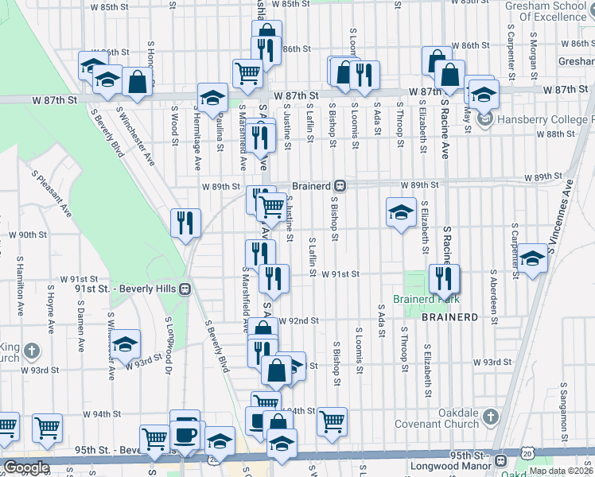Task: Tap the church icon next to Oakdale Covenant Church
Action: click(x=492, y=416)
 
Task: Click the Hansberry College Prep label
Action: click(x=546, y=120)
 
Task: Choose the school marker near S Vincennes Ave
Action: click(x=532, y=258)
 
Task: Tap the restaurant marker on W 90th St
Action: click(x=185, y=222)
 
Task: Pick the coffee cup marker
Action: click(x=186, y=434)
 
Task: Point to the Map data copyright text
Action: click(x=561, y=470)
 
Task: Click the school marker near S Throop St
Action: click(x=401, y=211)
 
